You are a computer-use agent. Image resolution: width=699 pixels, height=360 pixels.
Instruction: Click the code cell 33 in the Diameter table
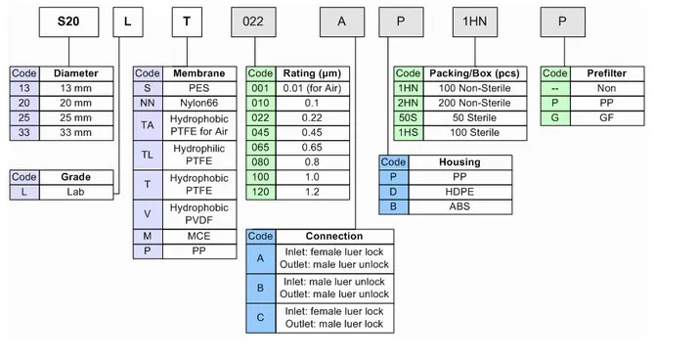pyautogui.click(x=23, y=131)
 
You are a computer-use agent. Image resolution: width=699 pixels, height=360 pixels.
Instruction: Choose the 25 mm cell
pyautogui.click(x=75, y=116)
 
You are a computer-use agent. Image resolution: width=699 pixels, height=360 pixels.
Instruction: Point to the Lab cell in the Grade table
pyautogui.click(x=75, y=192)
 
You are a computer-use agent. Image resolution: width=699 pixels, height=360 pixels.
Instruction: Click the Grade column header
pyautogui.click(x=75, y=177)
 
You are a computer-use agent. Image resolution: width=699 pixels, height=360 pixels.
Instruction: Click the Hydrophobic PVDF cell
pyautogui.click(x=199, y=214)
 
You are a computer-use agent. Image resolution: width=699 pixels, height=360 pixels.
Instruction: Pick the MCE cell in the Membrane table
pyautogui.click(x=199, y=237)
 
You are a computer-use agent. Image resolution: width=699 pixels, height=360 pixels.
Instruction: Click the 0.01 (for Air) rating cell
pyautogui.click(x=310, y=87)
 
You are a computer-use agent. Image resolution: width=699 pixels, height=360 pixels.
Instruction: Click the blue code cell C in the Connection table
pyautogui.click(x=260, y=316)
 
